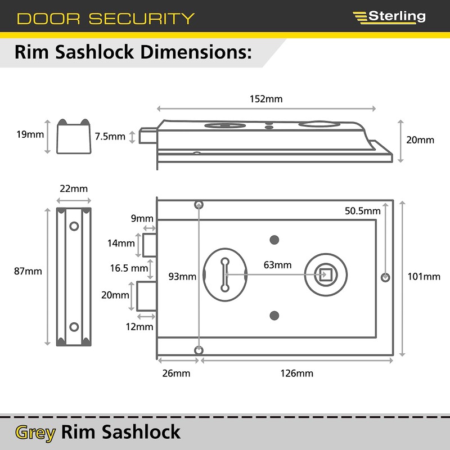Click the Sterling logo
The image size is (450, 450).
(389, 16)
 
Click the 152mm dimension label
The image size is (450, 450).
(266, 99)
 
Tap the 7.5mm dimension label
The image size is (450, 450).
(110, 136)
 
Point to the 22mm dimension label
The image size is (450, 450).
(74, 188)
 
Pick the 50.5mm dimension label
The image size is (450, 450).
(363, 211)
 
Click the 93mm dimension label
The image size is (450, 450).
(183, 276)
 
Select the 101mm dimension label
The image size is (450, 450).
(424, 276)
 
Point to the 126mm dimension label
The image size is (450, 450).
(296, 373)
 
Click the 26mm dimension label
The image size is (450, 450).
(176, 373)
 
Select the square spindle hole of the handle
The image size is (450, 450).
(324, 274)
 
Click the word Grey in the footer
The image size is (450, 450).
(35, 432)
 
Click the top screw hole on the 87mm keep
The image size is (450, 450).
(74, 226)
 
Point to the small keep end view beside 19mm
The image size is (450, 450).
(74, 137)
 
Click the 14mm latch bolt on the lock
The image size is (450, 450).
(150, 244)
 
